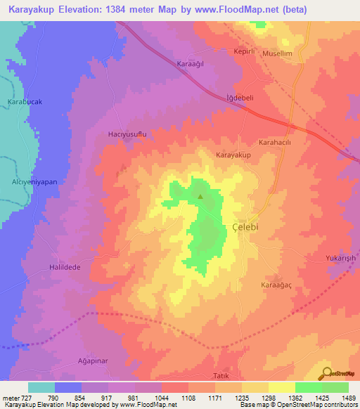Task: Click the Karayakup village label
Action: tap(233, 154)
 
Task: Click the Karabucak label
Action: tap(25, 101)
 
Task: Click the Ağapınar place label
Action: tap(92, 361)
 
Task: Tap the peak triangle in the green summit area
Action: tap(200, 197)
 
